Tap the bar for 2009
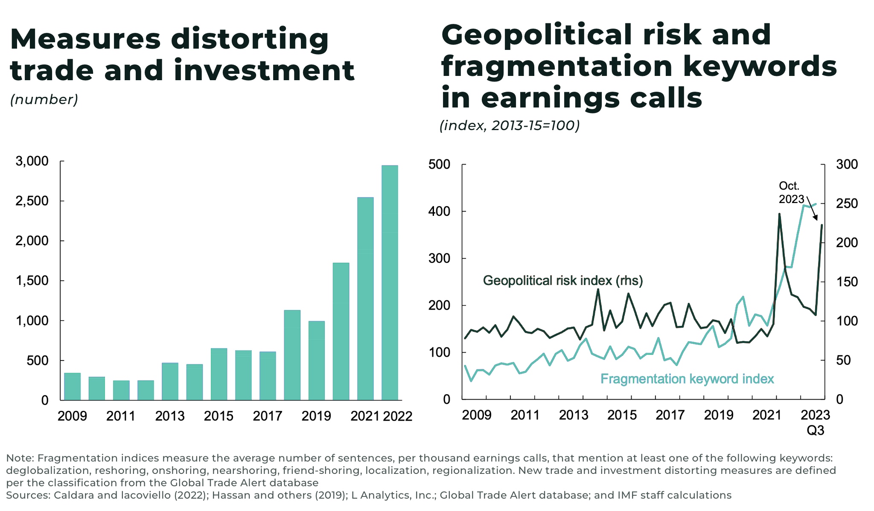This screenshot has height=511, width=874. (72, 386)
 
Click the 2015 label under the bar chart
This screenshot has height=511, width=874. (218, 416)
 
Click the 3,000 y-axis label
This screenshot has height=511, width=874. (32, 161)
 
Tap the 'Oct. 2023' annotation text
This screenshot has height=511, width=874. (791, 192)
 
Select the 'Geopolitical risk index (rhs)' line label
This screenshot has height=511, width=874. (562, 281)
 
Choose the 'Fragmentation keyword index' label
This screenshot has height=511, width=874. (687, 379)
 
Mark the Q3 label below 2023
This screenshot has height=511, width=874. (815, 430)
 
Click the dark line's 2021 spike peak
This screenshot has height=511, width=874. (779, 214)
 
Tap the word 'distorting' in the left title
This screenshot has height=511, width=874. (250, 39)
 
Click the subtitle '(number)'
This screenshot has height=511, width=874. (44, 99)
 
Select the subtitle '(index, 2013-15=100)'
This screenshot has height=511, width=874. (510, 125)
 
